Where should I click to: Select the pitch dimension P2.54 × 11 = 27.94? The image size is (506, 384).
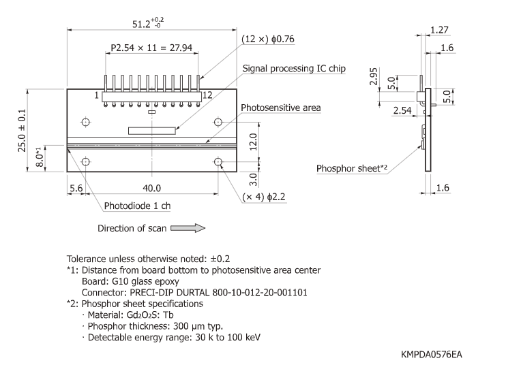pyautogui.click(x=153, y=49)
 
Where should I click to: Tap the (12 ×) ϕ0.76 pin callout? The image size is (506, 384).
pyautogui.click(x=268, y=39)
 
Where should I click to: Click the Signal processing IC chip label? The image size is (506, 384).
pyautogui.click(x=295, y=69)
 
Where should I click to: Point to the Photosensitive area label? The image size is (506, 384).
pyautogui.click(x=280, y=108)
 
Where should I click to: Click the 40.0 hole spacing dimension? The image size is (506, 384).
pyautogui.click(x=151, y=188)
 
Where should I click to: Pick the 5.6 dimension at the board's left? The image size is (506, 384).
pyautogui.click(x=76, y=188)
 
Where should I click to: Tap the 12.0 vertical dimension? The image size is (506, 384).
pyautogui.click(x=252, y=140)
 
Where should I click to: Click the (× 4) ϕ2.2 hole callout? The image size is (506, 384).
pyautogui.click(x=268, y=197)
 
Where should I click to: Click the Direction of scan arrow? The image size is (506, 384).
pyautogui.click(x=188, y=228)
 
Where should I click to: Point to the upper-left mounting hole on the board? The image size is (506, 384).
pyautogui.click(x=86, y=123)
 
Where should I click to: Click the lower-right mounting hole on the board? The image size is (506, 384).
pyautogui.click(x=218, y=162)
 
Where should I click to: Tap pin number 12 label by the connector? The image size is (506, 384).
pyautogui.click(x=207, y=95)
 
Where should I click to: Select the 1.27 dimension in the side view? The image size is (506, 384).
pyautogui.click(x=439, y=30)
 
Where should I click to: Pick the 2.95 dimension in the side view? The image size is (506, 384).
pyautogui.click(x=374, y=76)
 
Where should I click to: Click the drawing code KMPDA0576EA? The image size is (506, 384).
pyautogui.click(x=434, y=355)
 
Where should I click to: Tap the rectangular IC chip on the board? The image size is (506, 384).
pyautogui.click(x=152, y=129)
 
